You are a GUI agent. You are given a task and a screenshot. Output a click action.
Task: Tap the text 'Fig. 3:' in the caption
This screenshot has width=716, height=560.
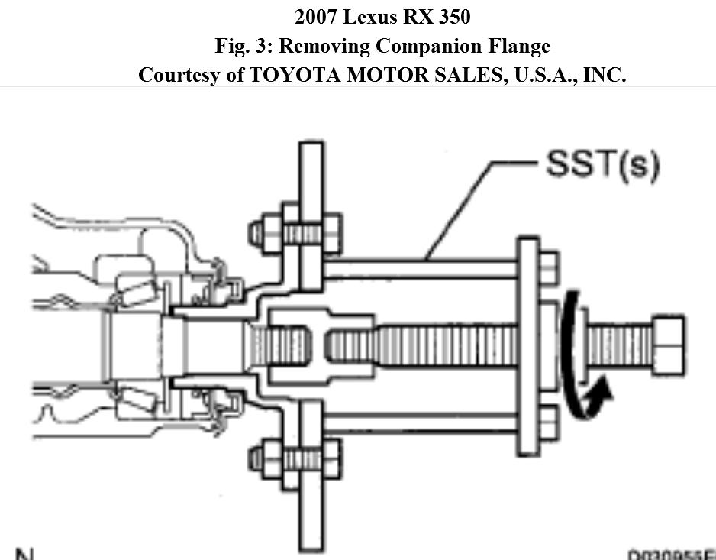tap(243, 46)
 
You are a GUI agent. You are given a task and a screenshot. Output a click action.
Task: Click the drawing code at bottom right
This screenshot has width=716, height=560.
tap(672, 555)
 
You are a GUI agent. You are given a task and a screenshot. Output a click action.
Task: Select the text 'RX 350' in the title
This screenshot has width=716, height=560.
tap(446, 17)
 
